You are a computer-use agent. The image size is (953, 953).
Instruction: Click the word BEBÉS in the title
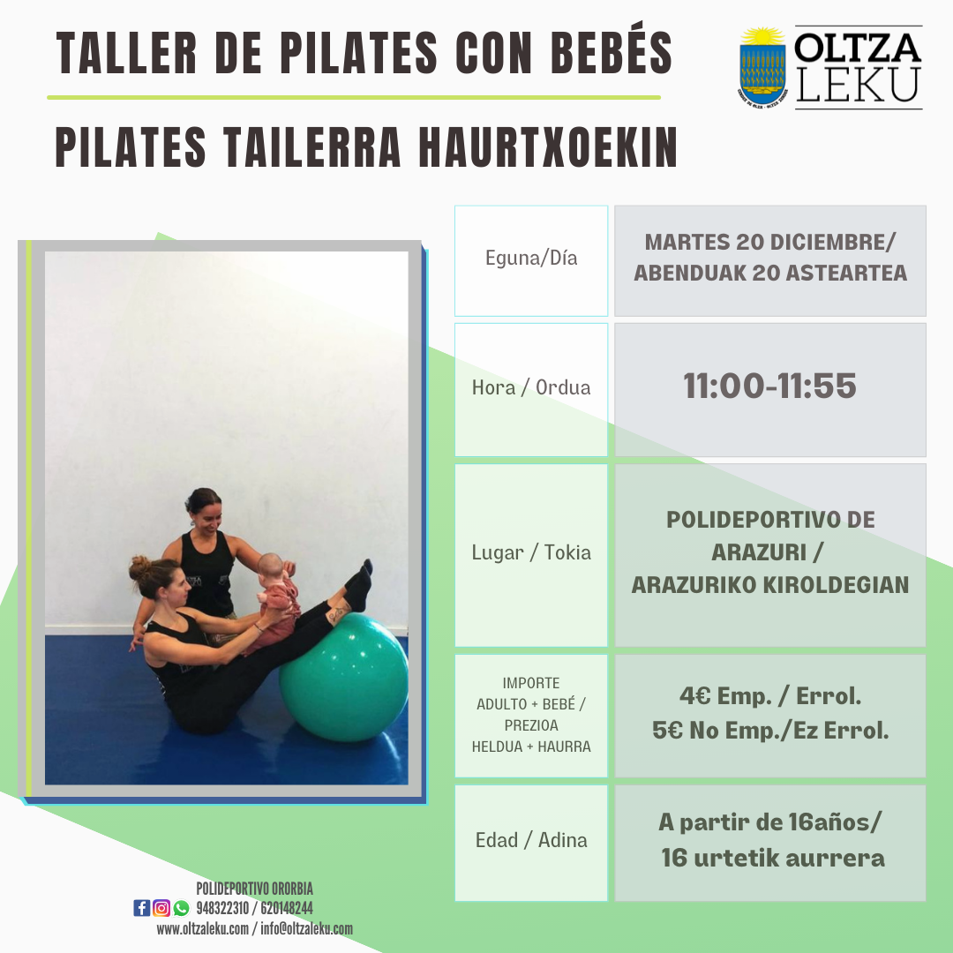tap(612, 52)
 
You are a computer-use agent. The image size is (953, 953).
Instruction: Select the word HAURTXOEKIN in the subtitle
tap(548, 147)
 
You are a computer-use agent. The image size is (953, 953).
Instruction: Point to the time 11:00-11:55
tap(770, 386)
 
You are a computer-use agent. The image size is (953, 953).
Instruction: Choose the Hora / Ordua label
tap(531, 387)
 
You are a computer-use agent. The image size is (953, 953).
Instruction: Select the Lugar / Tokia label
tap(531, 552)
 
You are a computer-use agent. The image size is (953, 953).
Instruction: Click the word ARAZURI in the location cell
tap(759, 552)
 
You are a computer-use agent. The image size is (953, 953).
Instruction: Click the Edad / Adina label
tap(531, 840)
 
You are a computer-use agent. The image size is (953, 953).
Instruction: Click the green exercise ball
tap(344, 677)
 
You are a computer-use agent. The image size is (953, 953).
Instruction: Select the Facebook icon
tap(141, 908)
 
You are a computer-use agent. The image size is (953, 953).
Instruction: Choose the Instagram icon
tap(161, 908)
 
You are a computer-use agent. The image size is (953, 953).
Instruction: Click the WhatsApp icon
tap(181, 908)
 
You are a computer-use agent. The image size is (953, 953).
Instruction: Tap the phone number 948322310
tap(222, 908)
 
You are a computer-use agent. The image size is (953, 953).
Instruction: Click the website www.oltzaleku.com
tap(202, 928)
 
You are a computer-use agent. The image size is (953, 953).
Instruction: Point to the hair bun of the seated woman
tap(139, 568)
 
